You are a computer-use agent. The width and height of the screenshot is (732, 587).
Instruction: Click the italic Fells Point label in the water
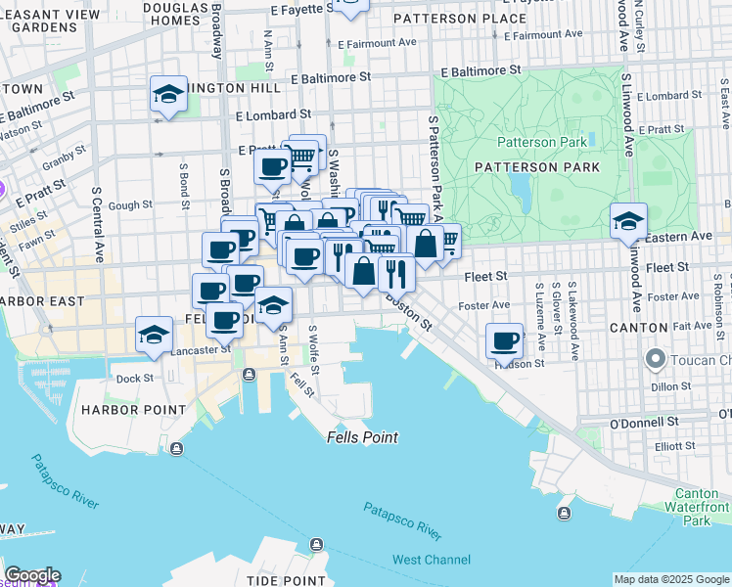[x=362, y=437]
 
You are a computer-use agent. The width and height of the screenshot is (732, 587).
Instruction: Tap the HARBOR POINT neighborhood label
[x=134, y=409]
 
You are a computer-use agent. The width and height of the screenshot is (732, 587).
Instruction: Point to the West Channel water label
[x=432, y=560]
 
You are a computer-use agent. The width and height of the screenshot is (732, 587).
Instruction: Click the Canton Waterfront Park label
[x=696, y=507]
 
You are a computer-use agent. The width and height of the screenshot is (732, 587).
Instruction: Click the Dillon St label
[x=670, y=386]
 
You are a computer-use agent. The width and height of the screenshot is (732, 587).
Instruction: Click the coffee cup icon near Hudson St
[x=505, y=341]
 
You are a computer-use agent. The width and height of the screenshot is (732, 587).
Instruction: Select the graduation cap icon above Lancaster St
[x=154, y=335]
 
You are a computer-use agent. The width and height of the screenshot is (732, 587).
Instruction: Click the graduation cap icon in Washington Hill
[x=168, y=95]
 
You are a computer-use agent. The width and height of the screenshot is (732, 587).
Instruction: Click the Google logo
[x=32, y=575]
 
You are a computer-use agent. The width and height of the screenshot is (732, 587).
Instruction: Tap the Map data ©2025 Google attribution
[x=671, y=579]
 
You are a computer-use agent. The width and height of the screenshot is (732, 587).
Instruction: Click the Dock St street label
[x=135, y=378]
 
